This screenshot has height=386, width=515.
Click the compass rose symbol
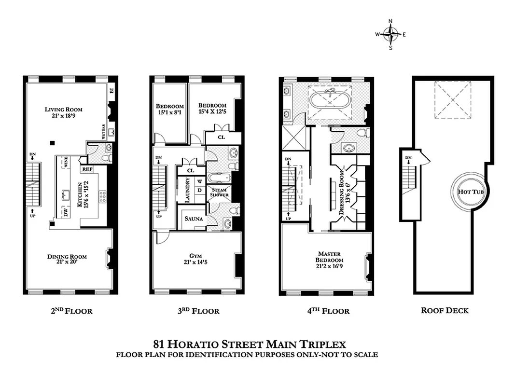pos(390,34)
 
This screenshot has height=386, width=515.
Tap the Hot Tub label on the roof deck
pos(471,192)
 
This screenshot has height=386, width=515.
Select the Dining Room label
pos(67,260)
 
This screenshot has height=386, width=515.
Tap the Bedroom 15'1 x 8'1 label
pos(170,110)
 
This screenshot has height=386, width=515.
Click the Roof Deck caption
pos(445,310)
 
